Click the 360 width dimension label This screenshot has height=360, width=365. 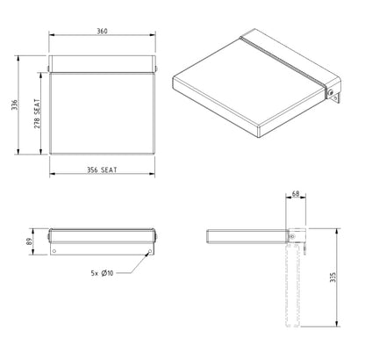pyautogui.click(x=102, y=31)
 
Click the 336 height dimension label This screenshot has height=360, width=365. pyautogui.click(x=15, y=105)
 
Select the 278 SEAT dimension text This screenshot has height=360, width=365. pyautogui.click(x=37, y=114)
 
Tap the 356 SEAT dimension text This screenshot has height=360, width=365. pyautogui.click(x=102, y=169)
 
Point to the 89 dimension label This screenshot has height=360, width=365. pyautogui.click(x=29, y=241)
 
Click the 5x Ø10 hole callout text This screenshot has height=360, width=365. pyautogui.click(x=102, y=273)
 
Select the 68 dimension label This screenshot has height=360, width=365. pyautogui.click(x=296, y=194)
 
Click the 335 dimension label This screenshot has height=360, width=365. pyautogui.click(x=333, y=277)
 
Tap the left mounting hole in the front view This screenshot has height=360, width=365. pyautogui.click(x=54, y=251)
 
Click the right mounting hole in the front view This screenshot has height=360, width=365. pyautogui.click(x=150, y=251)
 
